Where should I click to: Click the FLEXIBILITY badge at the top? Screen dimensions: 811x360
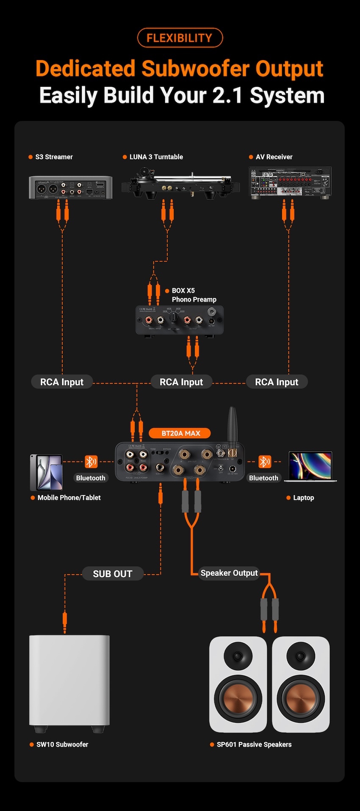pyautogui.click(x=180, y=38)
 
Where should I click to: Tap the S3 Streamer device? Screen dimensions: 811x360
pyautogui.click(x=70, y=187)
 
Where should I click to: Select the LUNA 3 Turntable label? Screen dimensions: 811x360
pyautogui.click(x=156, y=157)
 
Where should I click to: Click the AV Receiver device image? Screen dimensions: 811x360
pyautogui.click(x=290, y=182)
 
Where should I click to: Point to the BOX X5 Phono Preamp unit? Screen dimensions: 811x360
pyautogui.click(x=179, y=320)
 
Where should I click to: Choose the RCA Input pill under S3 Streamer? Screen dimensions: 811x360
pyautogui.click(x=62, y=382)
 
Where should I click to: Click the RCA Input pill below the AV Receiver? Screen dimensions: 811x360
pyautogui.click(x=277, y=382)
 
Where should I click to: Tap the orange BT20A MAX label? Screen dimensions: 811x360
pyautogui.click(x=180, y=433)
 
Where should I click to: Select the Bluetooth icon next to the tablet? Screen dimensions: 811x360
pyautogui.click(x=91, y=462)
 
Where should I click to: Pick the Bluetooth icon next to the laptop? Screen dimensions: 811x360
pyautogui.click(x=265, y=462)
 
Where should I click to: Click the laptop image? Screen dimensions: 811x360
pyautogui.click(x=310, y=467)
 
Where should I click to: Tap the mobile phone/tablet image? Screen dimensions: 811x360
pyautogui.click(x=46, y=472)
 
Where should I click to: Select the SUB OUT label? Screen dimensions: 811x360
pyautogui.click(x=112, y=574)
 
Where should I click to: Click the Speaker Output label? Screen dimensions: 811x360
pyautogui.click(x=229, y=573)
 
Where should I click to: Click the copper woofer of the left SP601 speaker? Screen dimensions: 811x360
pyautogui.click(x=238, y=699)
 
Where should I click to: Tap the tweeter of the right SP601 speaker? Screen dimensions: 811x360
pyautogui.click(x=301, y=656)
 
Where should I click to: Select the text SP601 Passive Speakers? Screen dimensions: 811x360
pyautogui.click(x=254, y=744)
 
